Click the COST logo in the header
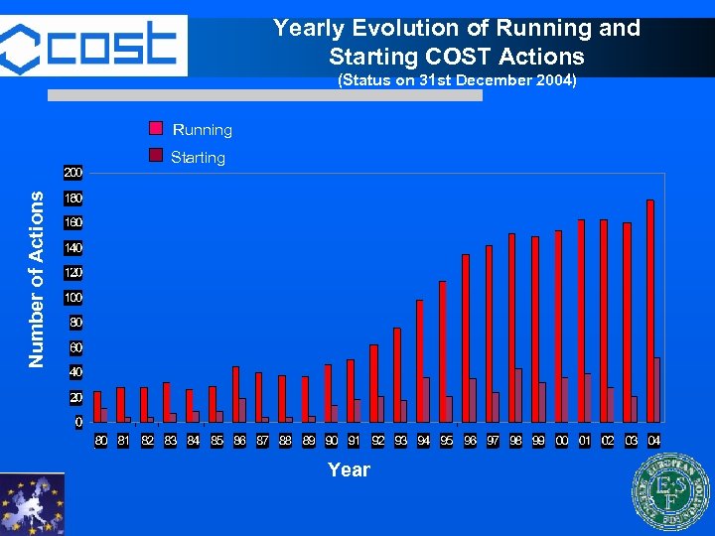[93, 44]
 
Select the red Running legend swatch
[156, 129]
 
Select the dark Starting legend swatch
[156, 156]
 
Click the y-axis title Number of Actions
[37, 280]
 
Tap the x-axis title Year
[349, 469]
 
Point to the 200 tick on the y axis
[73, 173]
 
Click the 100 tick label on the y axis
[73, 298]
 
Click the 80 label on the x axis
[100, 440]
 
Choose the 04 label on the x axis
[654, 440]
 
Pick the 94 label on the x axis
[423, 440]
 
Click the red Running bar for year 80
[97, 407]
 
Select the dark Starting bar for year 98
[518, 395]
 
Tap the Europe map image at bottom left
[32, 504]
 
